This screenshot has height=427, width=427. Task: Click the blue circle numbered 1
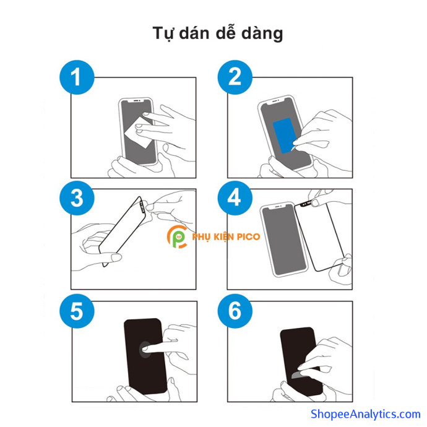point(77,77)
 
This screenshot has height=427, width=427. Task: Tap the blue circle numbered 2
point(235,77)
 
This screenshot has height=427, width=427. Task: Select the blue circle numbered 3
point(77,198)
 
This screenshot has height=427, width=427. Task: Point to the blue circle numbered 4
point(235,198)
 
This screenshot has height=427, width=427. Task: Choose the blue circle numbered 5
point(77,311)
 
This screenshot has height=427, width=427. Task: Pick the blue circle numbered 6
point(235,311)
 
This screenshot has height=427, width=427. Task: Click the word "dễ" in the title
point(225,33)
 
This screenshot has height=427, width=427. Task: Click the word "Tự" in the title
point(163,33)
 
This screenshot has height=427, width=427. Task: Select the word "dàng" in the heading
point(262,34)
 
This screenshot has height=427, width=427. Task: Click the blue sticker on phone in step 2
point(284,136)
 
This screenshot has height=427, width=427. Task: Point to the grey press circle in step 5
point(145,350)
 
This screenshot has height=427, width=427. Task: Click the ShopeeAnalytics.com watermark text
point(366,414)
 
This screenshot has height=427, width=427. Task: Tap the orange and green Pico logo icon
point(177,236)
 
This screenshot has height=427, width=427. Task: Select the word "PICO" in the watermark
point(249,236)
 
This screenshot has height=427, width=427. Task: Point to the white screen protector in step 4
point(319,236)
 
